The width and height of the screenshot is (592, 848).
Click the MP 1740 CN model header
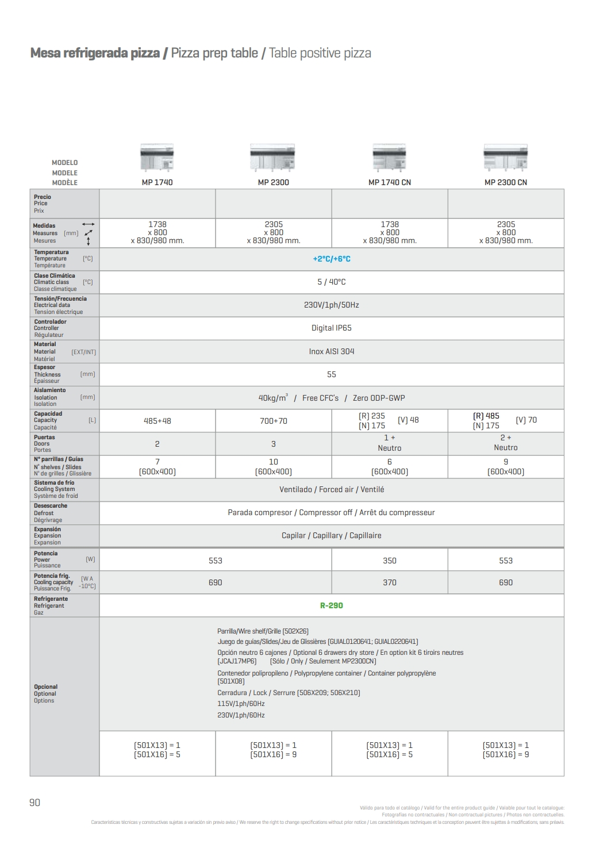[x=389, y=182]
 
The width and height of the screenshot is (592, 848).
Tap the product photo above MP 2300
[x=273, y=158]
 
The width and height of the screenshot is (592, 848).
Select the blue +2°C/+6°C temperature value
[x=332, y=259]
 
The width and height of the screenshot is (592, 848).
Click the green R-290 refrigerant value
[x=332, y=605]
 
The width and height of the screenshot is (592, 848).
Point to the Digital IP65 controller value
[x=332, y=328]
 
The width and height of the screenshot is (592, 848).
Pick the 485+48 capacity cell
[x=157, y=421]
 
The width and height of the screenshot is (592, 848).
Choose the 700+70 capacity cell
[x=273, y=421]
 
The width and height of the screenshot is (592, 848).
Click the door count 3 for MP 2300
[x=273, y=444]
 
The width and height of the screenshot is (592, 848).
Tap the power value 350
[x=390, y=561]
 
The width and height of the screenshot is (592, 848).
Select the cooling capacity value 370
[x=390, y=582]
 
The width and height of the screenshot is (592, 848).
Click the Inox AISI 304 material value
[x=332, y=351]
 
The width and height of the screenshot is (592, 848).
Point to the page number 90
[x=34, y=803]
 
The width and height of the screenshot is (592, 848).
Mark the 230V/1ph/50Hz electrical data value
[x=332, y=305]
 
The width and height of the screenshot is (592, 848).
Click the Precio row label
[x=42, y=197]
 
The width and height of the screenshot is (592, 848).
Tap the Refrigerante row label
[x=51, y=599]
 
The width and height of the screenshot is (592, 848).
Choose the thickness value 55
[x=332, y=374]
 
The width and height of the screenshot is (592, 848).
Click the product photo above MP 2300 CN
[x=505, y=158]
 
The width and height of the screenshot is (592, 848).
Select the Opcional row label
[x=45, y=687]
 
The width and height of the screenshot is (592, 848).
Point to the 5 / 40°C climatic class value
[x=332, y=282]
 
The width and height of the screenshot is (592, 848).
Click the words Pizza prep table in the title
[x=214, y=53]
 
